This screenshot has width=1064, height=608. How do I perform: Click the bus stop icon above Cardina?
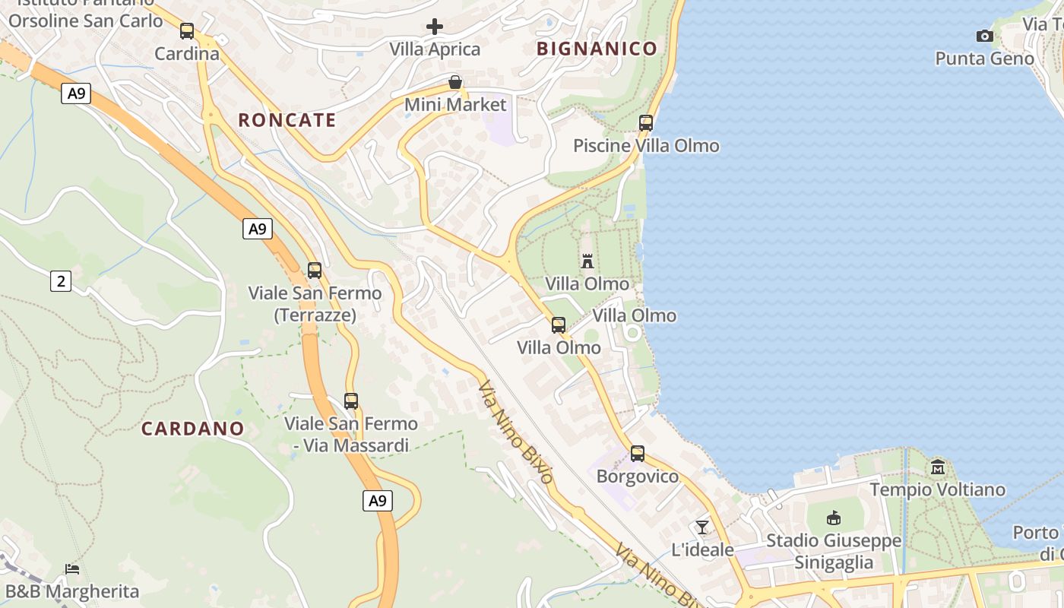[187, 31]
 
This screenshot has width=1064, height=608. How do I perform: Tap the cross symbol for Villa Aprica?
[435, 27]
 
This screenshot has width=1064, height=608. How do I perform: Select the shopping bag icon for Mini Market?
[455, 82]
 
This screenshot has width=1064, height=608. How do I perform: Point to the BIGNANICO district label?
[597, 49]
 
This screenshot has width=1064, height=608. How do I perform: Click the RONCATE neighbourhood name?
[287, 120]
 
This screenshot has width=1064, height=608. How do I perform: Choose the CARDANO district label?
[192, 429]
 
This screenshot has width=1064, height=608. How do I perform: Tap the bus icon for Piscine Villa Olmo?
[646, 122]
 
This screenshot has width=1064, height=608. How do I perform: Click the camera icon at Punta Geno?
[984, 36]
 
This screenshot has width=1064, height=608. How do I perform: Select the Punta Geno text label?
[984, 59]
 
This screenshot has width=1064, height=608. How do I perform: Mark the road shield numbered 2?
[61, 281]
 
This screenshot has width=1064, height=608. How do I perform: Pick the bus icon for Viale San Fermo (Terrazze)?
[315, 271]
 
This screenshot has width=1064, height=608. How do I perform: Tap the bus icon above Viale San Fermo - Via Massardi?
[351, 401]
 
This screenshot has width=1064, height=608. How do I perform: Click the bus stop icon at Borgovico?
[638, 454]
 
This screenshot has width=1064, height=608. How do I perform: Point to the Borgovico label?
[638, 477]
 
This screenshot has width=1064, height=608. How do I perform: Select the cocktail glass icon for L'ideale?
[702, 527]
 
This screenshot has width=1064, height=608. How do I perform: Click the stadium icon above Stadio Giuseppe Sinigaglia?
[834, 518]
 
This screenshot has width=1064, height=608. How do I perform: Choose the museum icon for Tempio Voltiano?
[937, 467]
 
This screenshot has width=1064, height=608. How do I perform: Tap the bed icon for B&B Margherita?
[72, 568]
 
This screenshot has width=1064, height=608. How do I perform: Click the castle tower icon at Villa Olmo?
[587, 261]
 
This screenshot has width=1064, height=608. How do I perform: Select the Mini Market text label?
[455, 104]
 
